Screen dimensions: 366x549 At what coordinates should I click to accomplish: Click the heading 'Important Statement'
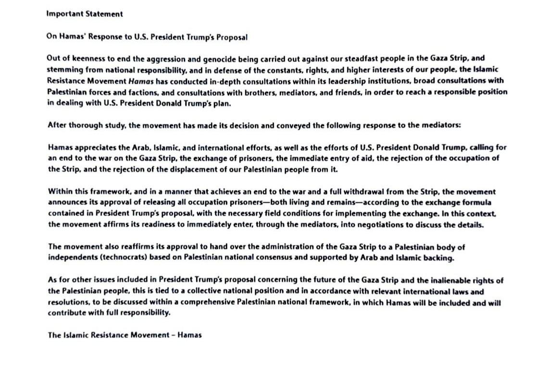pos(85,14)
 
